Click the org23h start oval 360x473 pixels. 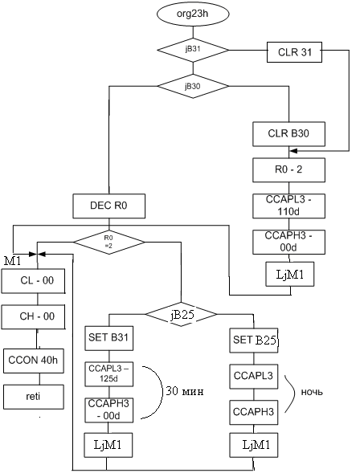point(193,14)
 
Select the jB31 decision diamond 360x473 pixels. point(193,50)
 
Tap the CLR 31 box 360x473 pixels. point(294,52)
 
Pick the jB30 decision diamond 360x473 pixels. point(193,86)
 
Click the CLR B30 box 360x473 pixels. point(288,134)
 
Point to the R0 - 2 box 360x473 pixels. point(288,169)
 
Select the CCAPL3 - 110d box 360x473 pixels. point(288,206)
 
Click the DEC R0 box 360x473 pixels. point(109,206)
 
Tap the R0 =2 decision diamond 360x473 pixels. point(109,242)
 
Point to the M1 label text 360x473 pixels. point(13,261)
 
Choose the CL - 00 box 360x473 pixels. point(33,281)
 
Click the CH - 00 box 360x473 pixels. point(33,316)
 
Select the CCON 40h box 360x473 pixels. point(34,361)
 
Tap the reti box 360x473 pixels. point(34,397)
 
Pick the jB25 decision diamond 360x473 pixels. point(181,314)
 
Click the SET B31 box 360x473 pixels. point(109,338)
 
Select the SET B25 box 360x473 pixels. point(254,340)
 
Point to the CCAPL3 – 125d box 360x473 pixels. point(109,374)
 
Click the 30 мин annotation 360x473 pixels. point(185,391)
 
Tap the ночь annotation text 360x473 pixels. point(312,392)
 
